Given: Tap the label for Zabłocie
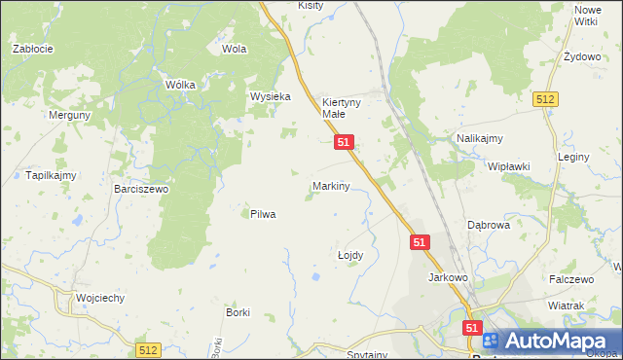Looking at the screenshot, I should click(32, 48).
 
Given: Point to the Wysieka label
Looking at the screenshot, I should click(271, 97).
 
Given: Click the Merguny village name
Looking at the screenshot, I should click(70, 115).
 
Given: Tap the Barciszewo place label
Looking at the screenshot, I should click(141, 190).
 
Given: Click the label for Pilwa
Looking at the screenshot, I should click(263, 214).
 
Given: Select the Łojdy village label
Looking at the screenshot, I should click(349, 255).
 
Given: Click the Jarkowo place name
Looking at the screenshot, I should click(449, 277).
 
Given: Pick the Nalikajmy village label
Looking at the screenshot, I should click(478, 139).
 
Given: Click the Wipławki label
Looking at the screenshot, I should click(508, 166).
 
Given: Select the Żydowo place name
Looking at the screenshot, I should click(582, 56).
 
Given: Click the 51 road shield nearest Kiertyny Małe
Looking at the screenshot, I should click(343, 142).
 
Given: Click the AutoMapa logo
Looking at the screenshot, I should click(550, 341).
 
